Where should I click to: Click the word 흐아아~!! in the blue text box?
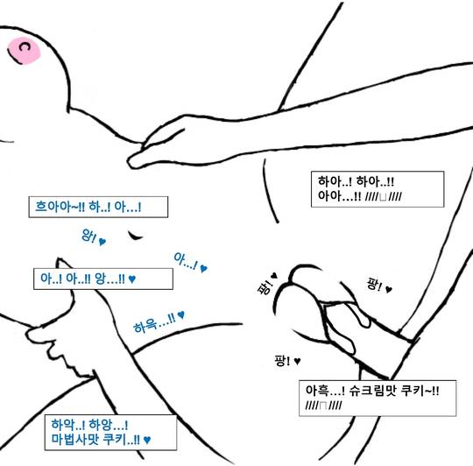coord(60,207)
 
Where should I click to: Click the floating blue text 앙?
coord(89,236)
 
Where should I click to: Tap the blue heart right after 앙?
coord(102,241)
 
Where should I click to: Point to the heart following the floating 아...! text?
coord(204,268)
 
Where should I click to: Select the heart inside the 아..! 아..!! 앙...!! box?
coord(132,279)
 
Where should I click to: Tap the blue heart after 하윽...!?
coord(180,314)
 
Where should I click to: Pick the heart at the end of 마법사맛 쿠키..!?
coord(147,440)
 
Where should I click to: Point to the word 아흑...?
coord(325,391)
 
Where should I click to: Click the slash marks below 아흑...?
coord(324,406)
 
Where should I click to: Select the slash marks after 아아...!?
coord(384,196)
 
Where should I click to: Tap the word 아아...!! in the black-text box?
coord(339,196)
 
